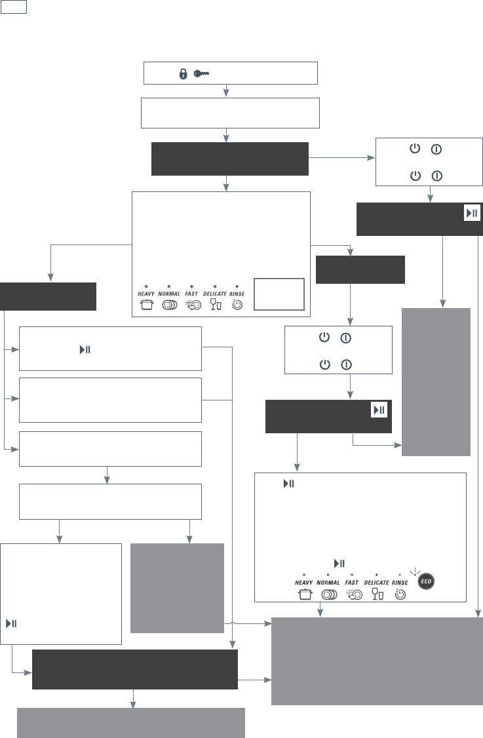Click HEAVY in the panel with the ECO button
304,582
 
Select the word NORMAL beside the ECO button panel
328,582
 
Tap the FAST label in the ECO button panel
352,582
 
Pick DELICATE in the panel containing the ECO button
377,582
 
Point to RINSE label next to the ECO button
400,582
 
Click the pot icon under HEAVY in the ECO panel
304,594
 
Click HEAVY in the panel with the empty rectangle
146,294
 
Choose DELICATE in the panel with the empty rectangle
214,294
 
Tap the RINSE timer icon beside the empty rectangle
237,305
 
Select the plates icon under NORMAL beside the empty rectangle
168,305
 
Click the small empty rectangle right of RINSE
279,294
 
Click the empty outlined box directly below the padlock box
230,113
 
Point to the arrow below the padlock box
226,90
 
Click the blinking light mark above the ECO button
414,572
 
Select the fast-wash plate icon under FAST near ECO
352,594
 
